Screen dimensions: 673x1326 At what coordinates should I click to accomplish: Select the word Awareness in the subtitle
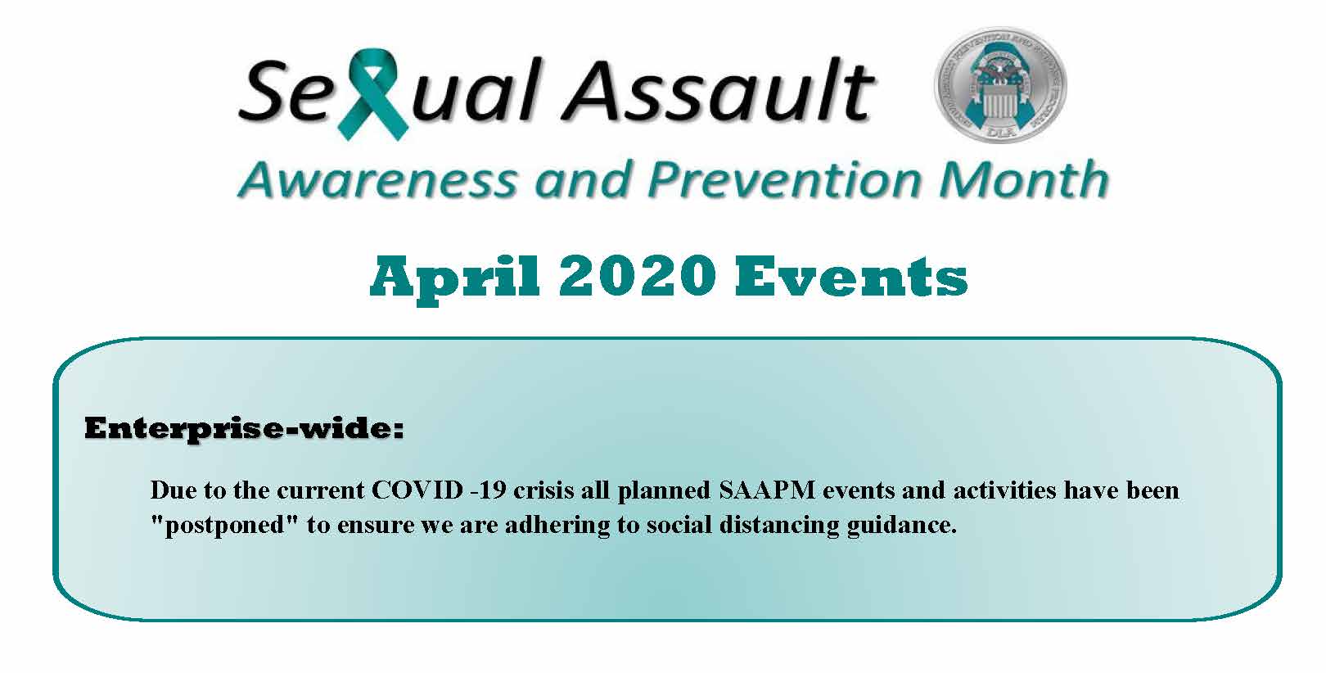click(377, 179)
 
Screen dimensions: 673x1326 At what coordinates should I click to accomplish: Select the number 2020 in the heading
click(638, 277)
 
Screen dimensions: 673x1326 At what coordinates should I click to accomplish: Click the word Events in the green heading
click(850, 277)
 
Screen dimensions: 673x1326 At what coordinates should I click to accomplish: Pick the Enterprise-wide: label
click(244, 428)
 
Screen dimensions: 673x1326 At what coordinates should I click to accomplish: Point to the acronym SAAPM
click(767, 490)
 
